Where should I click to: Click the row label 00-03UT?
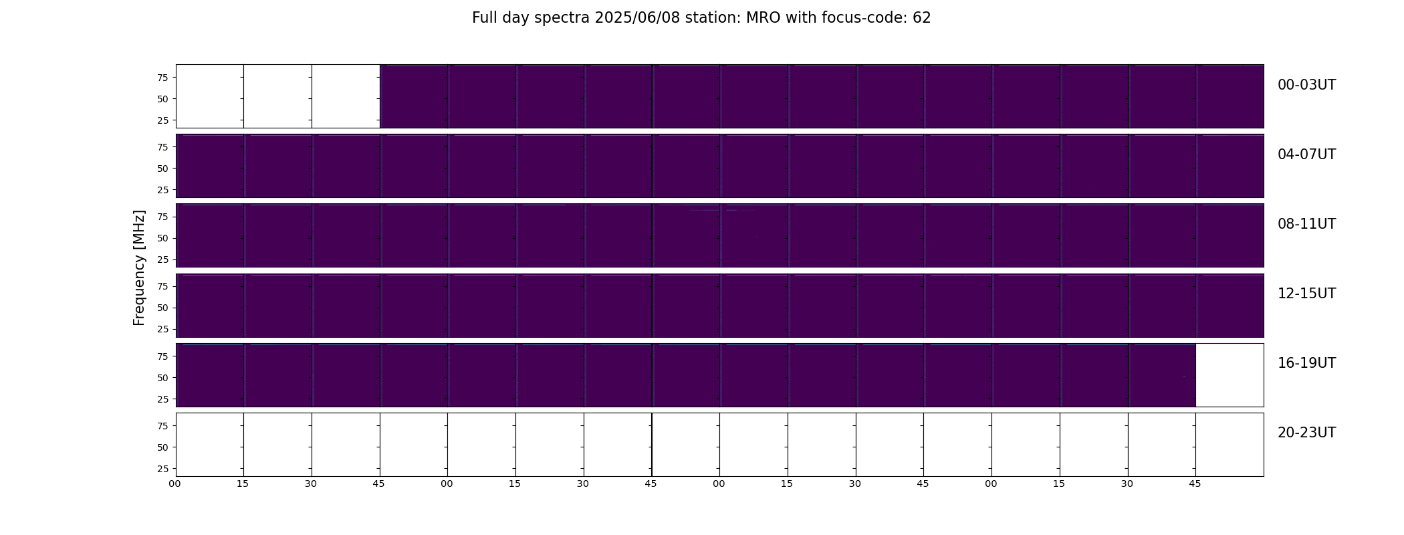(x=1306, y=85)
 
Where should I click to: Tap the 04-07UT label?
(x=1306, y=154)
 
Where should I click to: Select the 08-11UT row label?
(x=1306, y=224)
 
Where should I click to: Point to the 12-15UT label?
(x=1306, y=294)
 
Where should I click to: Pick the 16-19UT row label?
(x=1306, y=363)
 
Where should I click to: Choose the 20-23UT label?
(x=1306, y=433)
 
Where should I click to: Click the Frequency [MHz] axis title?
(x=139, y=267)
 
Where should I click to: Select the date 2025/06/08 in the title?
(x=632, y=18)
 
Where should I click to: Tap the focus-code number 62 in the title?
(x=922, y=18)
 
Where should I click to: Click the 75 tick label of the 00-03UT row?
(x=162, y=78)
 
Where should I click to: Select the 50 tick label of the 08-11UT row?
(x=162, y=238)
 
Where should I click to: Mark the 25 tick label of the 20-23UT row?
(x=162, y=469)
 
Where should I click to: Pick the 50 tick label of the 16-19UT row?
(x=162, y=378)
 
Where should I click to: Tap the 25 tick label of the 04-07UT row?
(x=162, y=190)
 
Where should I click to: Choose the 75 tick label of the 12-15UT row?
(x=162, y=286)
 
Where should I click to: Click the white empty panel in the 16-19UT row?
(x=1230, y=375)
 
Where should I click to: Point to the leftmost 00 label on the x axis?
(x=174, y=484)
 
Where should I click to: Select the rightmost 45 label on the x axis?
(x=1195, y=484)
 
